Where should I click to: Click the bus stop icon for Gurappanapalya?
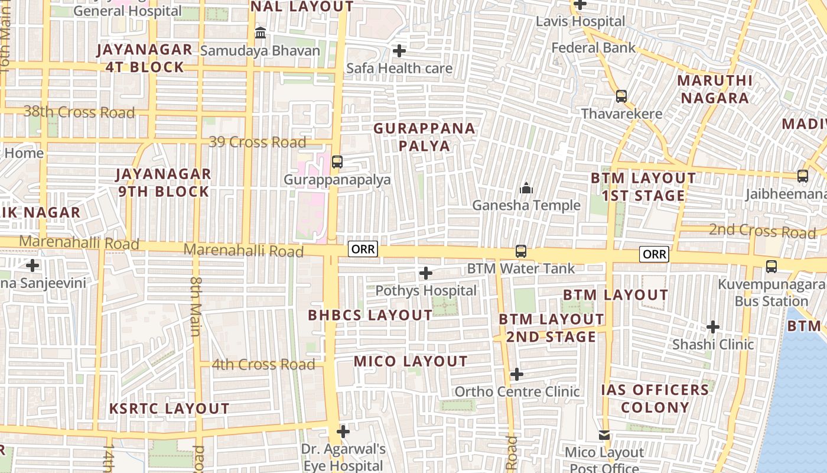click(337, 161)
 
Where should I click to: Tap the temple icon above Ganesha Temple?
click(526, 189)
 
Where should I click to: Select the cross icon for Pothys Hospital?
click(425, 273)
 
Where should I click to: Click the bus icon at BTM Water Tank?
click(520, 251)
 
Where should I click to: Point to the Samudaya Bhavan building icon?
click(260, 33)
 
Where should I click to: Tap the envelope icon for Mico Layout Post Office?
click(604, 436)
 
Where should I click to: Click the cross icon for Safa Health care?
click(399, 51)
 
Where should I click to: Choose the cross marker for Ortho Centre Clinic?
click(517, 374)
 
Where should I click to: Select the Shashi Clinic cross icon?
click(713, 327)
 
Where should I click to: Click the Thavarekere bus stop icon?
click(621, 96)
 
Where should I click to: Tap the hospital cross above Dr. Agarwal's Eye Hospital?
click(343, 432)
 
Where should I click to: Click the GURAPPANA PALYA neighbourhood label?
click(424, 137)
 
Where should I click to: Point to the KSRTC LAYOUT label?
click(170, 409)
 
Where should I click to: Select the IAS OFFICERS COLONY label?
click(655, 399)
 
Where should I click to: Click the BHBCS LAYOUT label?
click(370, 315)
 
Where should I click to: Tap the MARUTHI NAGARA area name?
click(715, 89)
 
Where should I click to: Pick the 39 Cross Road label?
click(258, 142)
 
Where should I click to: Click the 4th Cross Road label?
click(263, 365)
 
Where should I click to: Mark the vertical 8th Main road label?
click(196, 305)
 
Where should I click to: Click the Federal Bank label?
click(593, 48)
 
